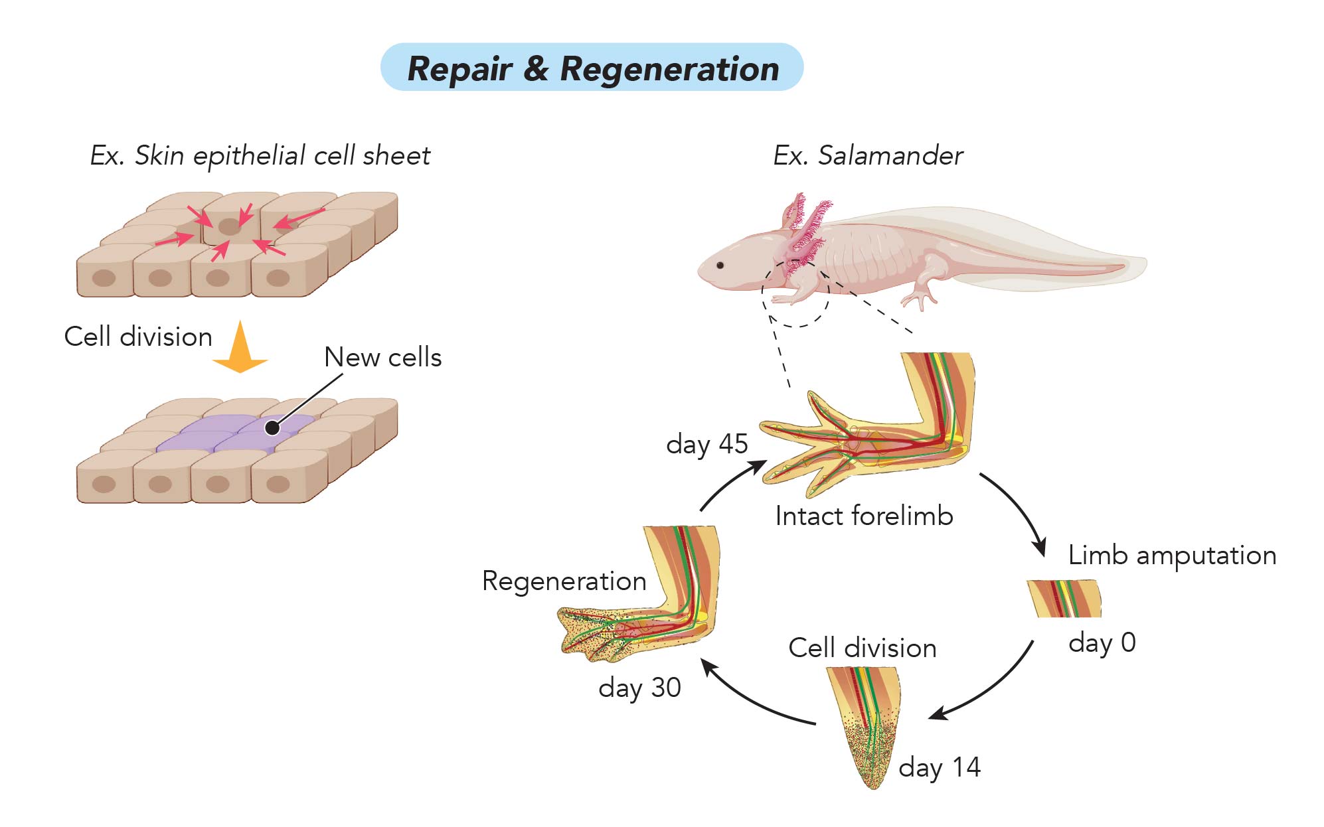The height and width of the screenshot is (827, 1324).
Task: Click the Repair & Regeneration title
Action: [x=592, y=69]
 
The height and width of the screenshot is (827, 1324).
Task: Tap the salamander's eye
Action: [x=720, y=265]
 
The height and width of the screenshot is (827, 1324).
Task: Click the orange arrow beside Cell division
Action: [x=240, y=346]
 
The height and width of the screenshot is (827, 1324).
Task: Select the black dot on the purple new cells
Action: [x=272, y=428]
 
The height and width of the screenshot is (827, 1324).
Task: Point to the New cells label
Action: [x=382, y=357]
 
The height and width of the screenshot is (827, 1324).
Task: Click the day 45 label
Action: [x=707, y=444]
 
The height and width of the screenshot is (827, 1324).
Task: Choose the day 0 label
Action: [x=1102, y=642]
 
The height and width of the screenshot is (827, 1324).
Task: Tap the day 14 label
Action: [x=940, y=767]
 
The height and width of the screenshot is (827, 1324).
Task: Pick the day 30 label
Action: [x=639, y=688]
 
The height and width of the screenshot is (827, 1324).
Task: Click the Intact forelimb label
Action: [x=864, y=516]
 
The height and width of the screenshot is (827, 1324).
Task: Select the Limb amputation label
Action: [x=1172, y=555]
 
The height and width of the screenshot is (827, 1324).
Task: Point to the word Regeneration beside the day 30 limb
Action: [x=564, y=581]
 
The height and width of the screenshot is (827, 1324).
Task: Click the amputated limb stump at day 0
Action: [x=1064, y=598]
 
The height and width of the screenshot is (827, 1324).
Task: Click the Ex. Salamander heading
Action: [x=868, y=156]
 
